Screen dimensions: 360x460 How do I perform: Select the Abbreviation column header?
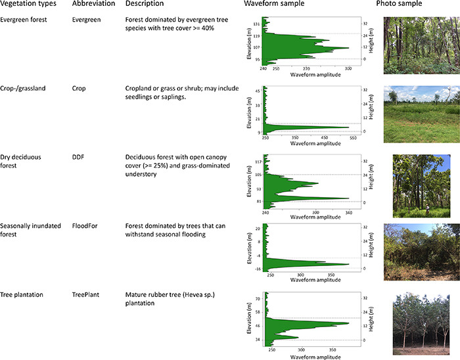[91, 5]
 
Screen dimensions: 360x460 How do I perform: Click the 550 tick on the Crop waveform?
[352, 139]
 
